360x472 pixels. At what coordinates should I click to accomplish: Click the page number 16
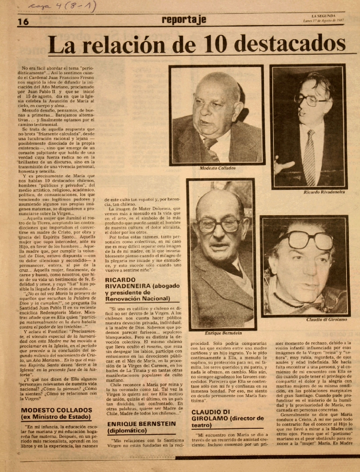(x=23, y=22)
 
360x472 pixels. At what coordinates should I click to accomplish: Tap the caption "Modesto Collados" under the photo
(x=218, y=168)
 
